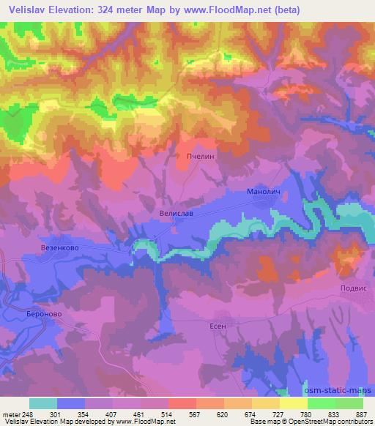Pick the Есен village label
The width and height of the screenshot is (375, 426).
pyautogui.click(x=218, y=327)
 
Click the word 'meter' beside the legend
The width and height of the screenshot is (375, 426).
pyautogui.click(x=11, y=414)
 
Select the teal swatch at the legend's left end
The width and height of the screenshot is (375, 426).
pyautogui.click(x=43, y=403)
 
